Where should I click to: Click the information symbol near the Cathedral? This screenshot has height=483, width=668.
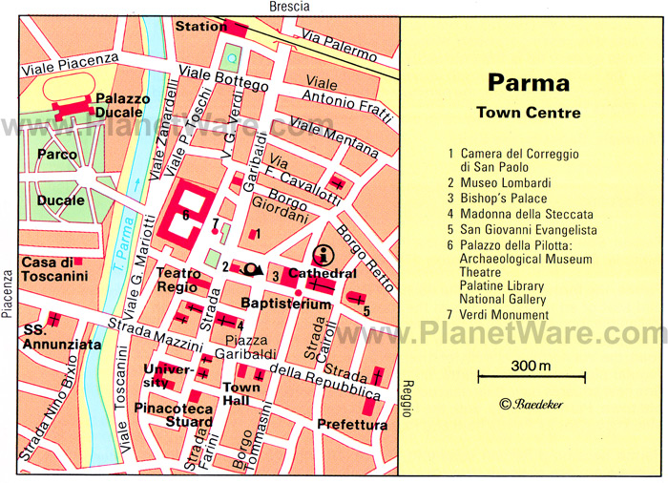coord(324,255)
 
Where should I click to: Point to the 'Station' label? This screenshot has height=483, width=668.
coord(202,27)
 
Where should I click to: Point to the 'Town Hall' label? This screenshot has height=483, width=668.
coord(240,393)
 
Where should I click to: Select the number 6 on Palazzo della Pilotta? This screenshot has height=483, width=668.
coord(186,216)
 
